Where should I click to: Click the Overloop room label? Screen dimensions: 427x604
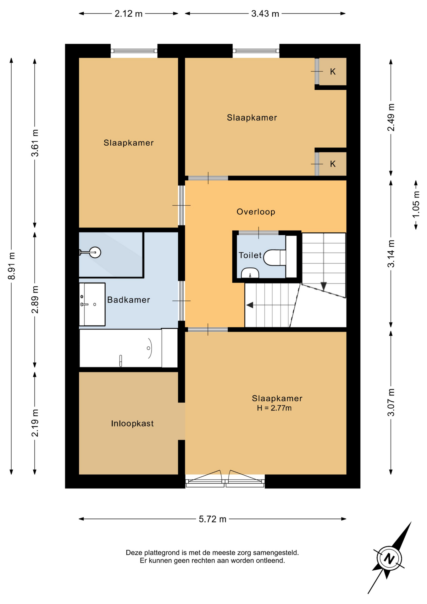pyautogui.click(x=256, y=212)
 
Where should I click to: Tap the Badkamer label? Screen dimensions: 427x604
pyautogui.click(x=129, y=300)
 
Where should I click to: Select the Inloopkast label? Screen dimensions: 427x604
pyautogui.click(x=132, y=423)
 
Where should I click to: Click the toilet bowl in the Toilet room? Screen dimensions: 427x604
pyautogui.click(x=274, y=258)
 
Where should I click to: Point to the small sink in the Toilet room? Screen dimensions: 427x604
pyautogui.click(x=250, y=273)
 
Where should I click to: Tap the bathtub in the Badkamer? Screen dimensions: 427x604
pyautogui.click(x=129, y=348)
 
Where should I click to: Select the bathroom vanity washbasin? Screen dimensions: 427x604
pyautogui.click(x=92, y=304)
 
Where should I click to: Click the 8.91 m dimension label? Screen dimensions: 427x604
pyautogui.click(x=12, y=266)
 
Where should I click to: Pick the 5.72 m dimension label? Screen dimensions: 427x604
pyautogui.click(x=213, y=519)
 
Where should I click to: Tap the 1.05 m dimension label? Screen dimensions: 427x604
pyautogui.click(x=416, y=204)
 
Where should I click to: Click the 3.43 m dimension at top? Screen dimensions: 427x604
pyautogui.click(x=265, y=14)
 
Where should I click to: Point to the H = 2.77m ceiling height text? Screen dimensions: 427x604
pyautogui.click(x=274, y=408)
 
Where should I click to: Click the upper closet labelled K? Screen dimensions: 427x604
pyautogui.click(x=333, y=71)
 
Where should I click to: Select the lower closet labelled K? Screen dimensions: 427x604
pyautogui.click(x=333, y=164)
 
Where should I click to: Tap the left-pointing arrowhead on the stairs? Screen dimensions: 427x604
pyautogui.click(x=250, y=305)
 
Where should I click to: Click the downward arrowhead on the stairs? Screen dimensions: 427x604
pyautogui.click(x=324, y=286)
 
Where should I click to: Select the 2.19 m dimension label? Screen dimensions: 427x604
pyautogui.click(x=35, y=423)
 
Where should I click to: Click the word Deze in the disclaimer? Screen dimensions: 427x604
pyautogui.click(x=134, y=552)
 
